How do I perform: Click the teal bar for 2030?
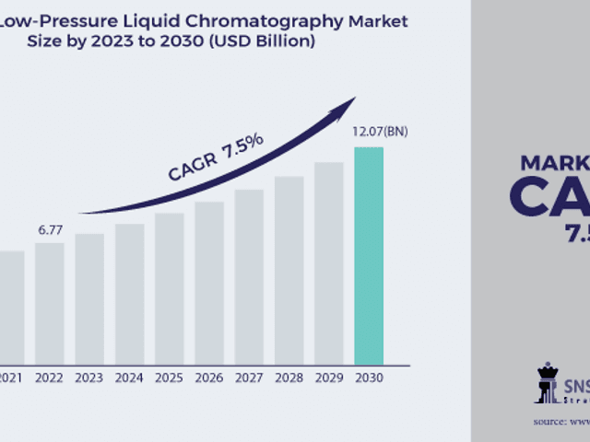369,255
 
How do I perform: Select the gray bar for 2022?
50,303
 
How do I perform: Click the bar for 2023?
89,298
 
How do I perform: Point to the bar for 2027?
249,276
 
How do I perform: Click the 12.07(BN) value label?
380,132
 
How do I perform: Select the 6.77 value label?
50,229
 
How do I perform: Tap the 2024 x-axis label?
129,377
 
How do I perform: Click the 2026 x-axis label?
208,377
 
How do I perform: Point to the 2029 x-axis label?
328,377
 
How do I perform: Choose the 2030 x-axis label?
369,377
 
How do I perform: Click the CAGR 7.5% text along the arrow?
216,158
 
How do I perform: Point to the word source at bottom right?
549,421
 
